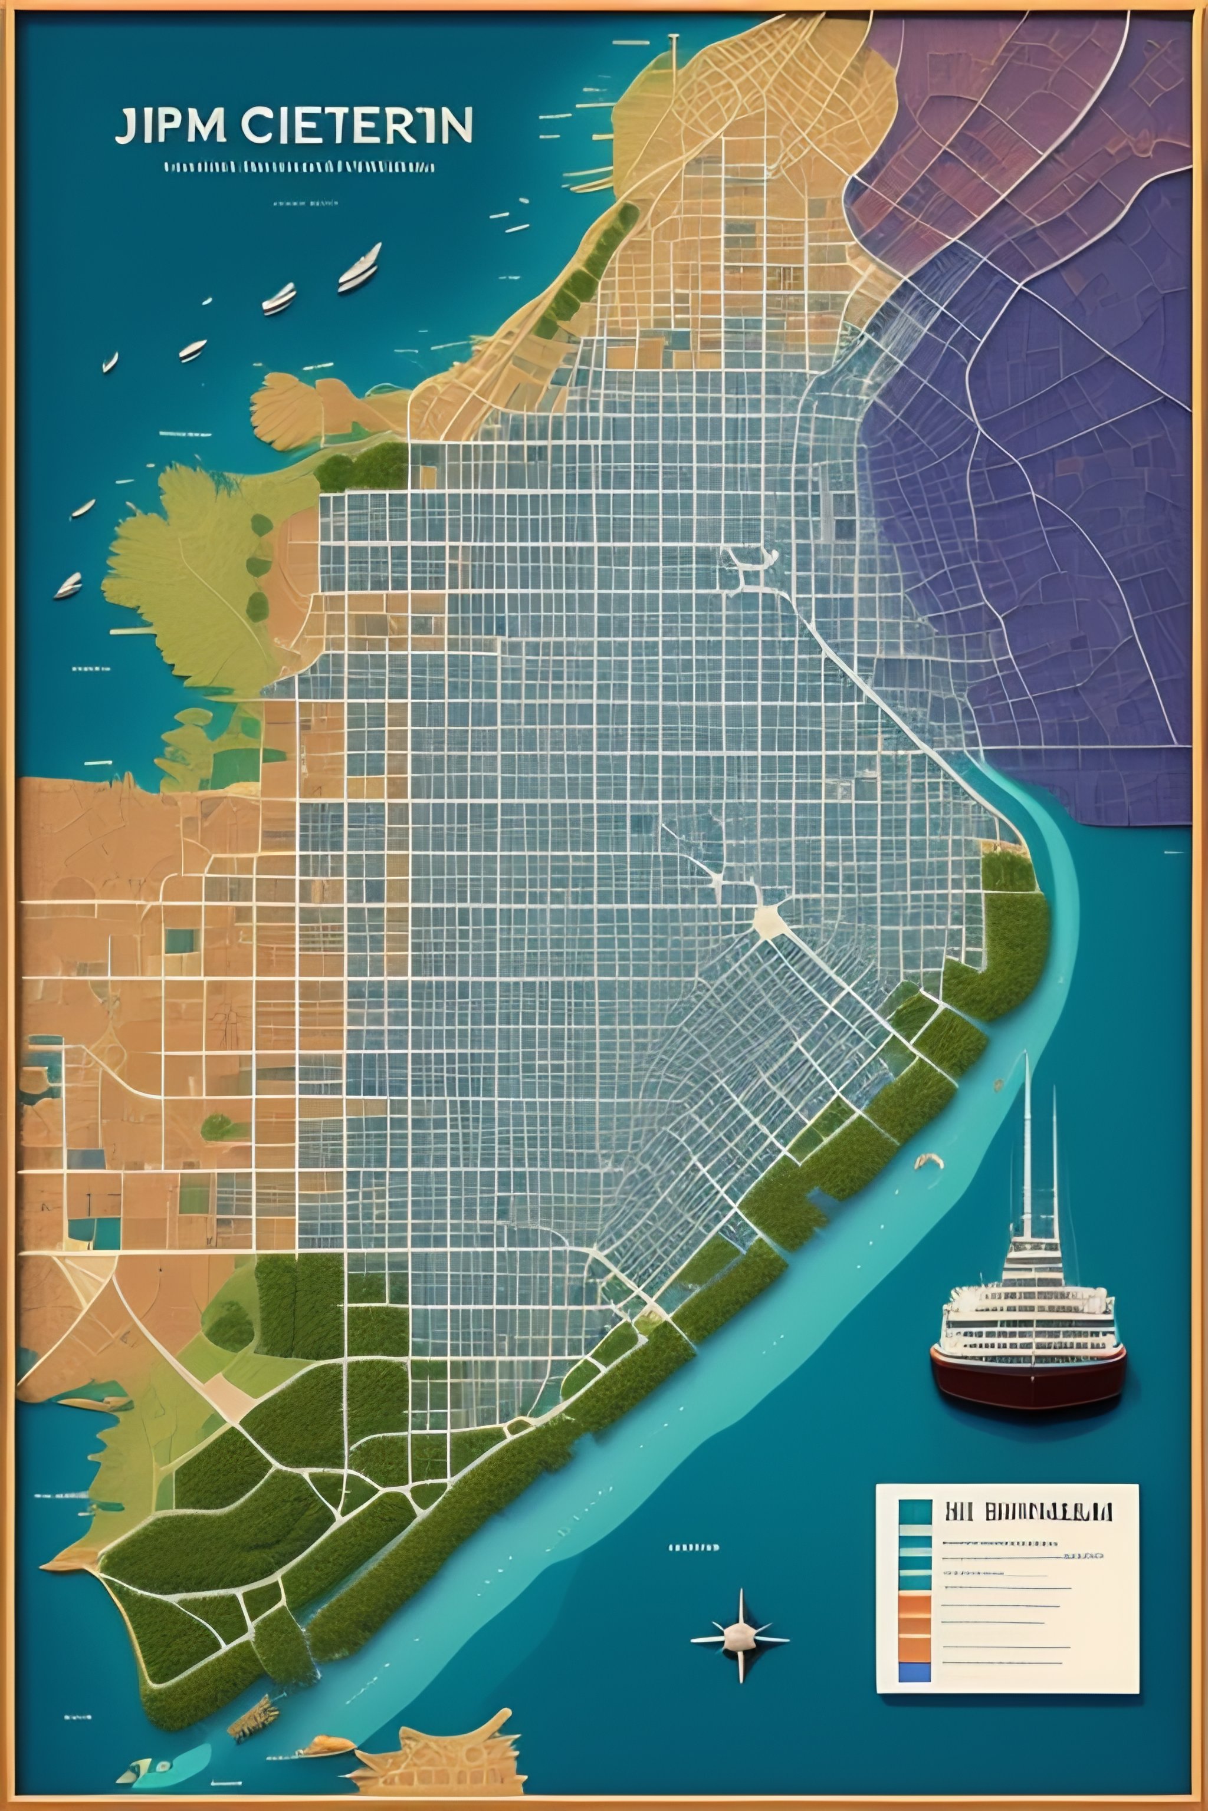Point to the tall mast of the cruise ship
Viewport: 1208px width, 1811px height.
click(1027, 1140)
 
